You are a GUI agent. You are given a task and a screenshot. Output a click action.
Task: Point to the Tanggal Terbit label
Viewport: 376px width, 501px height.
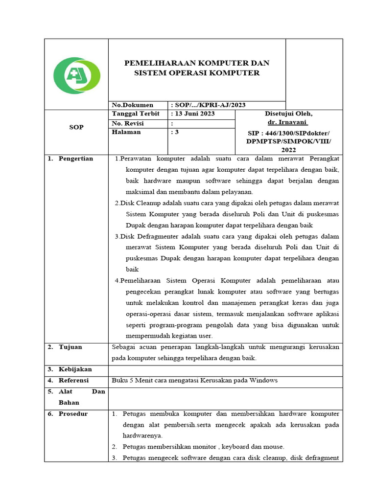tap(137, 114)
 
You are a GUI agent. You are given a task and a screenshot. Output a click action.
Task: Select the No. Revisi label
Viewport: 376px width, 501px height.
tap(129, 123)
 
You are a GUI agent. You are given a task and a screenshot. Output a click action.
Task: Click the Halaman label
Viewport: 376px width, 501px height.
tap(126, 132)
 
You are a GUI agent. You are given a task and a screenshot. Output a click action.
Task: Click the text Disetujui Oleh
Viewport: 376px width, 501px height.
tap(289, 114)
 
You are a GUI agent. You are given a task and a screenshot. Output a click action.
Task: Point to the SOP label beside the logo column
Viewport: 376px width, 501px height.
tap(76, 127)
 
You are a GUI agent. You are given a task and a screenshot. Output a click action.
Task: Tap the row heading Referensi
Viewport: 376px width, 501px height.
tap(74, 380)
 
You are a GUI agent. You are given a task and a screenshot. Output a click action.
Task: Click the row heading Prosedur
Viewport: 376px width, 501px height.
tap(73, 413)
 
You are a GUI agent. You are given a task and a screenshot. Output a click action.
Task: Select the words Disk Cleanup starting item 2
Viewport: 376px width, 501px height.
tap(141, 203)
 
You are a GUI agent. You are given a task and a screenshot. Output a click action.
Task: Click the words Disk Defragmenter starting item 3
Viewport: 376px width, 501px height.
tap(150, 236)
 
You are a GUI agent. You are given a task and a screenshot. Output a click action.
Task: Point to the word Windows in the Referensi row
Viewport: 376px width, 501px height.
tap(263, 380)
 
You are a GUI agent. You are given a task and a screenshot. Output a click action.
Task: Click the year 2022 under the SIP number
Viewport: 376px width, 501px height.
tap(289, 151)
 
